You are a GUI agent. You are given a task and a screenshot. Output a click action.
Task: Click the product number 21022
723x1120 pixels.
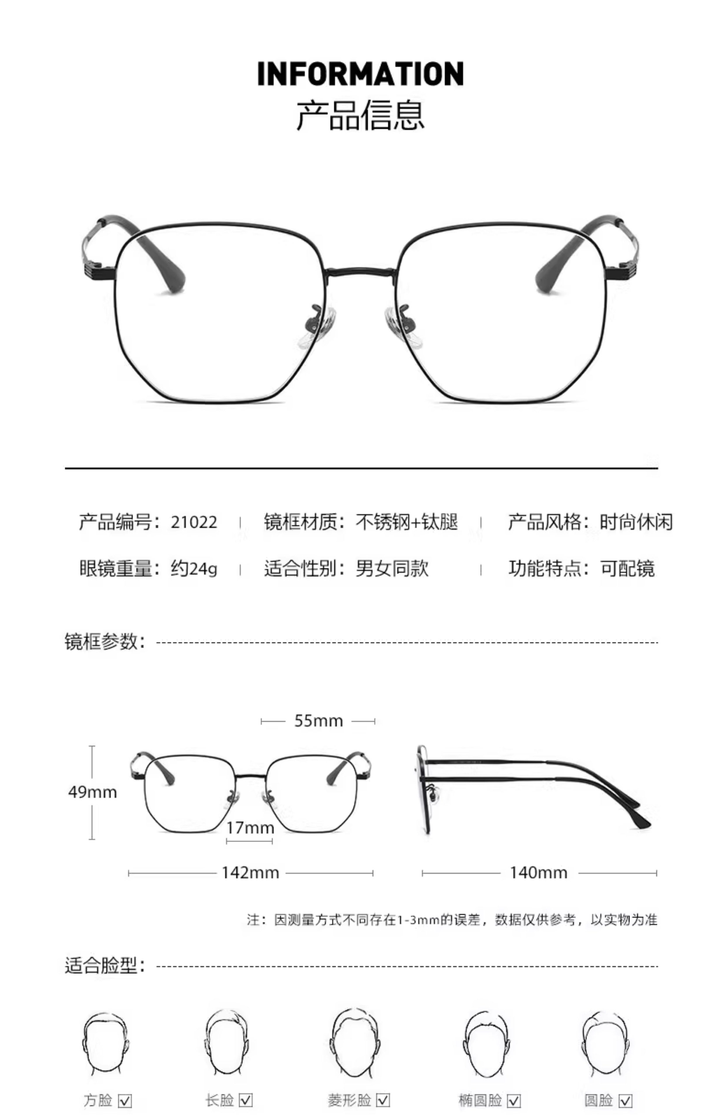(x=194, y=522)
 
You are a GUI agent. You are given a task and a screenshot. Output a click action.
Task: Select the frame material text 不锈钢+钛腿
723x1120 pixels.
(x=407, y=522)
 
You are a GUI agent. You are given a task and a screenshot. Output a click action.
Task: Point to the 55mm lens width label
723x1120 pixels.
(x=318, y=721)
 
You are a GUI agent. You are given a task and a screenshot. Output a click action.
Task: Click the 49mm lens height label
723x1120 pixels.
(x=92, y=792)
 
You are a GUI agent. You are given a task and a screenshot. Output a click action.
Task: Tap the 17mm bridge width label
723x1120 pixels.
(x=250, y=827)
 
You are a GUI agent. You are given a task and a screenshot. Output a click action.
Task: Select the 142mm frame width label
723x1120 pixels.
(x=250, y=872)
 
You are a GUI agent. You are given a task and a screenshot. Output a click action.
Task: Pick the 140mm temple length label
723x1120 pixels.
(x=538, y=872)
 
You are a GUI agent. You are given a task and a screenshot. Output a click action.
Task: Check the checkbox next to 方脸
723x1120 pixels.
(x=125, y=1101)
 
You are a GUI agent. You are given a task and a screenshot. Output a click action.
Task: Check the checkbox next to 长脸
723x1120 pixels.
(x=246, y=1101)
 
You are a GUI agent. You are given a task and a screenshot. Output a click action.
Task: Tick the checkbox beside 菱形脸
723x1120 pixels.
(x=383, y=1101)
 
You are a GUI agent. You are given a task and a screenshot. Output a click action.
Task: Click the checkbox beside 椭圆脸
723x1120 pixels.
(x=514, y=1101)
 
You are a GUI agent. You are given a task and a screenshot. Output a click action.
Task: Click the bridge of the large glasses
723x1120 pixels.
(x=361, y=271)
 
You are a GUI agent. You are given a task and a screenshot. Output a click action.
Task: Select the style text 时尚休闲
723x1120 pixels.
(x=636, y=522)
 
